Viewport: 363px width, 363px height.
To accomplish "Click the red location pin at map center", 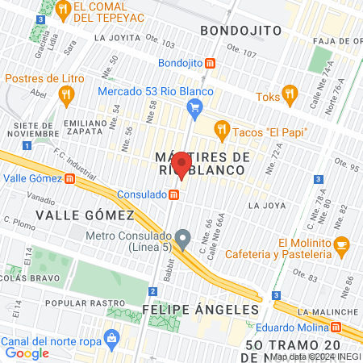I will (181, 165).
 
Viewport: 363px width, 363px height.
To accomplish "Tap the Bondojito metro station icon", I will (210, 63).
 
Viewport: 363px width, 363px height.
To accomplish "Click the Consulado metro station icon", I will (173, 195).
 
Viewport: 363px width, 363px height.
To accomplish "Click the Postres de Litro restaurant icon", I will (66, 94).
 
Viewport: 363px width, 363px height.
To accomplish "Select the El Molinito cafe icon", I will (342, 243).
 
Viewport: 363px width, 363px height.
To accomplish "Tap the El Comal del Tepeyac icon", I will (63, 10).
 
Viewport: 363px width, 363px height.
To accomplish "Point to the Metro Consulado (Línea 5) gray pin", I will (184, 238).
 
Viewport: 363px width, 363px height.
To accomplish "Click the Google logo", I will (27, 353).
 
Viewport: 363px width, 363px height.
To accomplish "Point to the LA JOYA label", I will (266, 206).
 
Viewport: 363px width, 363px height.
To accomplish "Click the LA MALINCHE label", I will (327, 311).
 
